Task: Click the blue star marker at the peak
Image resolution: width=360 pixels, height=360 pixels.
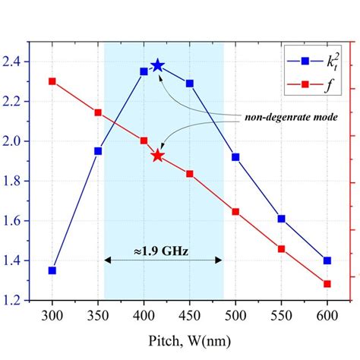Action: (x=157, y=65)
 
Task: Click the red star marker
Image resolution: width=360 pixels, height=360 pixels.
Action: (x=157, y=156)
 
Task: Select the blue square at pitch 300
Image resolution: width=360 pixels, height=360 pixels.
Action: (x=52, y=270)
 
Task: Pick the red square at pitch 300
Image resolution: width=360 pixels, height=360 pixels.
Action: (x=52, y=81)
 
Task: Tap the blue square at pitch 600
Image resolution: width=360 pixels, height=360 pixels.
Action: (x=327, y=261)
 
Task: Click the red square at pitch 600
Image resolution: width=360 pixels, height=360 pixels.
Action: (x=327, y=284)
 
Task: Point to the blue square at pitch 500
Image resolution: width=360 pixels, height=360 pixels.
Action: (x=235, y=157)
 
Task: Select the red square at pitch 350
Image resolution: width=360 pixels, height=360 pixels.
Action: (x=98, y=112)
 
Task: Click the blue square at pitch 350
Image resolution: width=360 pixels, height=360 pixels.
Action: (x=98, y=151)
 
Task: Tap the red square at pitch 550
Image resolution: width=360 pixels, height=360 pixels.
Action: (x=282, y=248)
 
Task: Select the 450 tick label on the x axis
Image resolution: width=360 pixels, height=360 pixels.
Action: (x=190, y=314)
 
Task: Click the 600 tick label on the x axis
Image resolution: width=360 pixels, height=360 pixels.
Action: (x=327, y=314)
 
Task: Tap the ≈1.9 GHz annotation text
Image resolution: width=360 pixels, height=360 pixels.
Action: (x=163, y=249)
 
